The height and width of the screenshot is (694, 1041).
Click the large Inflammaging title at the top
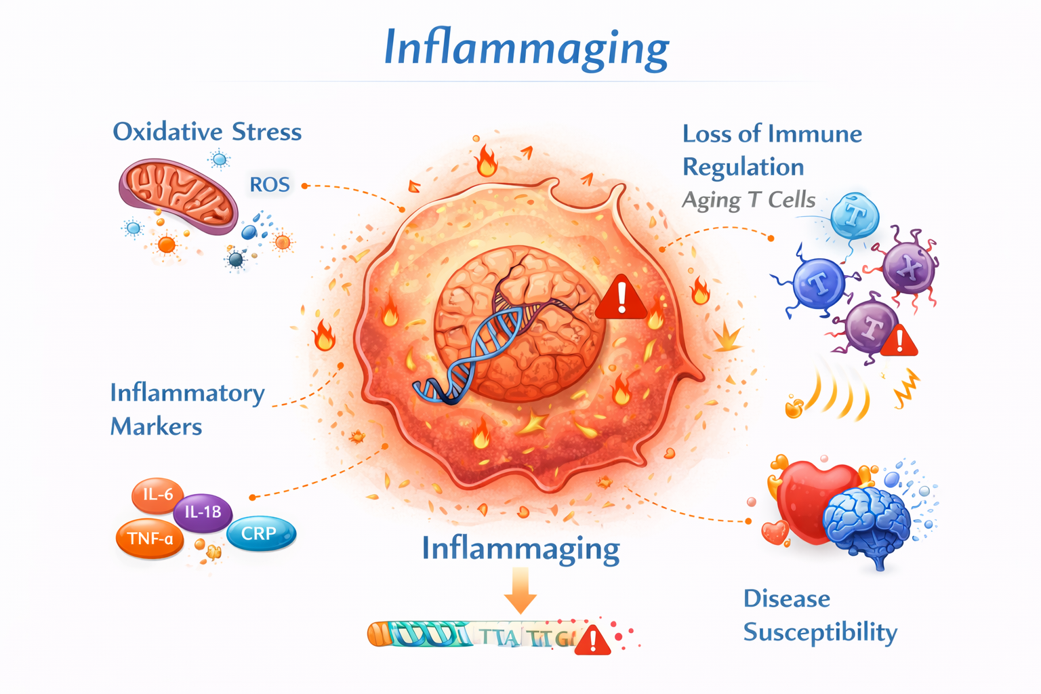click(526, 47)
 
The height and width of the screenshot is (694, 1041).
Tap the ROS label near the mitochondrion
click(270, 184)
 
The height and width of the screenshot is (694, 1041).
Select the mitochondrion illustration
click(178, 197)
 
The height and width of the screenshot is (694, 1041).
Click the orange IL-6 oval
click(157, 494)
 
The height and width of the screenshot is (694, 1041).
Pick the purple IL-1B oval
click(203, 512)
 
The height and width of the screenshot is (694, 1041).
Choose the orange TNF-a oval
click(150, 539)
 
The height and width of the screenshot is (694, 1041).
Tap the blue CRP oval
click(260, 533)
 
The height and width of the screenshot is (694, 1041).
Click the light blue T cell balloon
click(855, 216)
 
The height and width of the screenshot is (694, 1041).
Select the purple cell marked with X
click(910, 268)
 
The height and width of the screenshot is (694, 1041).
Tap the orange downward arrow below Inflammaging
click(520, 590)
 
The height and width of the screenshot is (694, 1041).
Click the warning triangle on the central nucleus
click(621, 298)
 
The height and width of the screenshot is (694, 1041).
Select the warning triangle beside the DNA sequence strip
click(592, 640)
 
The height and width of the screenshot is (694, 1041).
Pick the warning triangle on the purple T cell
click(899, 341)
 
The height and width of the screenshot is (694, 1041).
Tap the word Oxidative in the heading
click(167, 131)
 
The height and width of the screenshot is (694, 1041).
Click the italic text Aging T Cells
click(748, 200)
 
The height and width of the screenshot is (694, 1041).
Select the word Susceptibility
click(820, 632)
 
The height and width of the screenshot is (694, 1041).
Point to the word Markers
click(156, 426)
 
